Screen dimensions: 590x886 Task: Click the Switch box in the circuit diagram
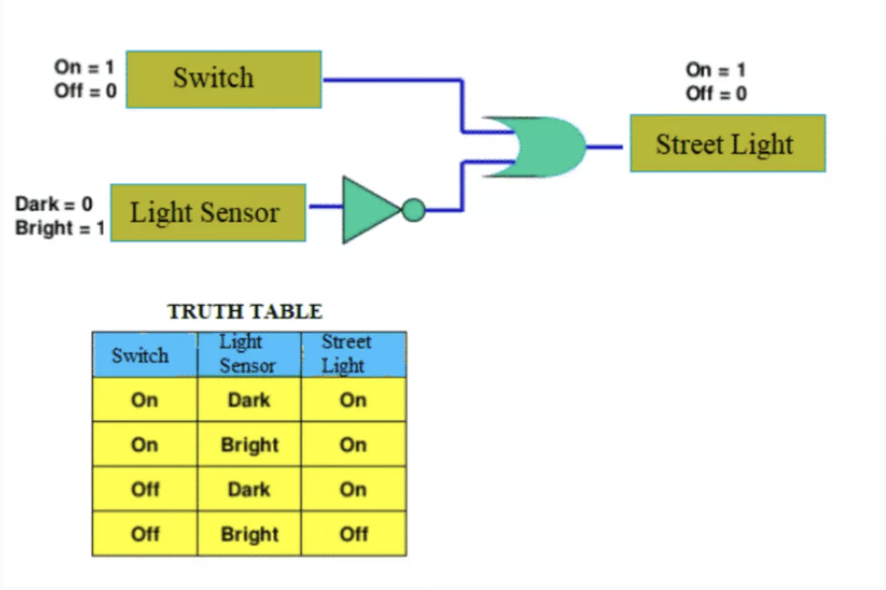(224, 79)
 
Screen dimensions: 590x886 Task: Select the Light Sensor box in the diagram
(208, 213)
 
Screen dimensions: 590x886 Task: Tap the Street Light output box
(727, 143)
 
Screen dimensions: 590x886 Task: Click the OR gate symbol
(544, 147)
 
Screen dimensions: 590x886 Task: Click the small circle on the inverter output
(414, 210)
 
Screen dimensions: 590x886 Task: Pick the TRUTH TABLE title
(245, 311)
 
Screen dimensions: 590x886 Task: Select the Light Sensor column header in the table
(249, 354)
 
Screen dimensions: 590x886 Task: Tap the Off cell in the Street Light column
(353, 534)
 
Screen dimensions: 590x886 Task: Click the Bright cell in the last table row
(249, 534)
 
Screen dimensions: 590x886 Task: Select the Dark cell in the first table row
(249, 400)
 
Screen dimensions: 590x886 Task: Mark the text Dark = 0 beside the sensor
(54, 204)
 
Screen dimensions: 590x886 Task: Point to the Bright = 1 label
(60, 228)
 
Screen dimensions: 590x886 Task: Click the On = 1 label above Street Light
(716, 70)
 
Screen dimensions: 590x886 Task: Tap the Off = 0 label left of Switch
(85, 91)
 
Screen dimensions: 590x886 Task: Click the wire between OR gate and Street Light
(604, 147)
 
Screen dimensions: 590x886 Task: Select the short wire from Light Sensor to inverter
(326, 206)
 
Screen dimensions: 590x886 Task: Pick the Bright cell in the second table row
(249, 444)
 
